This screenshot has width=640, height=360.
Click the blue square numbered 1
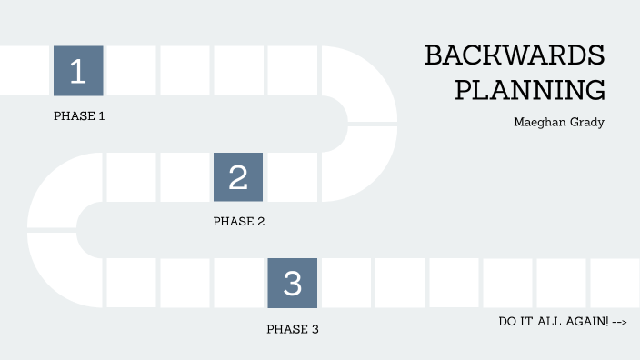coord(78,70)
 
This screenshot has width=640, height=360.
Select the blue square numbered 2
coord(238,176)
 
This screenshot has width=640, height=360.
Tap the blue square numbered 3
coord(292,283)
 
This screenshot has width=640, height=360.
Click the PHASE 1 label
coord(79,116)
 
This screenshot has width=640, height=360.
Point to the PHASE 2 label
coord(238,221)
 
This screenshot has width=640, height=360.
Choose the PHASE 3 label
coord(292,329)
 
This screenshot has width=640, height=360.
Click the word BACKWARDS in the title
coord(515,56)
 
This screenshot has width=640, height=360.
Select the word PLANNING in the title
coord(530,91)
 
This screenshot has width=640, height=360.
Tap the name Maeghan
coord(537,123)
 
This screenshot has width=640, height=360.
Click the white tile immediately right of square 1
coord(131,70)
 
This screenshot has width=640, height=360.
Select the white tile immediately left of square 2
coord(185,176)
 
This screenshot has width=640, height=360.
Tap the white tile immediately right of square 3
coord(345,283)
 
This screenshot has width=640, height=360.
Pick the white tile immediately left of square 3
coord(238,283)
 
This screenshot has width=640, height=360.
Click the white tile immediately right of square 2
coord(292,176)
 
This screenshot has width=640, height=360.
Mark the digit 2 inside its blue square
coord(238,176)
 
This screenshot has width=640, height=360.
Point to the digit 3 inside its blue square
coord(292,284)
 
